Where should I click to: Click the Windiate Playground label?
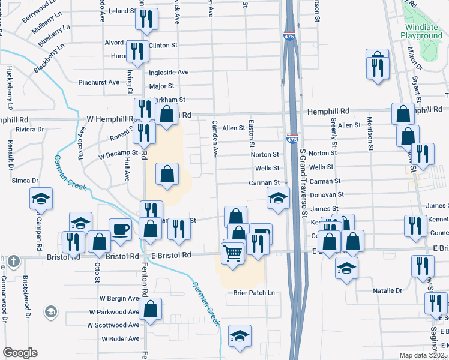[421, 32]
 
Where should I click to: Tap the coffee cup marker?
[120, 229]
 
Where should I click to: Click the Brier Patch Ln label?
[254, 293]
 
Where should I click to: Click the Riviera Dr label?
[29, 129]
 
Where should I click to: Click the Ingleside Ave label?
[169, 72]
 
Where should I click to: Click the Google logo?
[20, 353]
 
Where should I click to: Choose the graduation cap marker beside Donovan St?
[278, 197]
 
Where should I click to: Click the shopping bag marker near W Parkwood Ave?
[151, 309]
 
